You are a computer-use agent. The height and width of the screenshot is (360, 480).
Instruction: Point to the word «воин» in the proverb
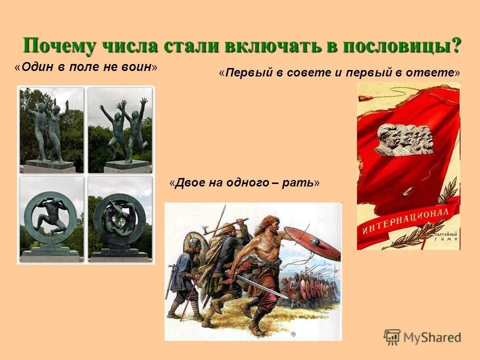click(x=137, y=67)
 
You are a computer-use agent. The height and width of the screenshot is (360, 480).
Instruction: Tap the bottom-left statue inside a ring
click(x=51, y=218)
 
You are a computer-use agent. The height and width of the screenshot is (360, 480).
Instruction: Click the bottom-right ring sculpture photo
click(x=120, y=218)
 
